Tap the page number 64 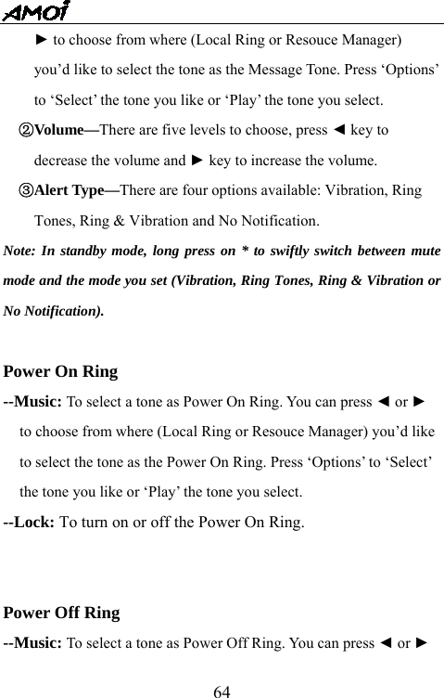pyautogui.click(x=222, y=691)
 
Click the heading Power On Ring pyautogui.click(x=61, y=372)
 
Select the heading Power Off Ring pyautogui.click(x=62, y=613)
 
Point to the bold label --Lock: pyautogui.click(x=30, y=522)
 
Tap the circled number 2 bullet pyautogui.click(x=26, y=130)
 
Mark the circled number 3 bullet pyautogui.click(x=26, y=190)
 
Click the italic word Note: pyautogui.click(x=20, y=251)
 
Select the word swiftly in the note pyautogui.click(x=296, y=251)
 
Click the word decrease pyautogui.click(x=62, y=160)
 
